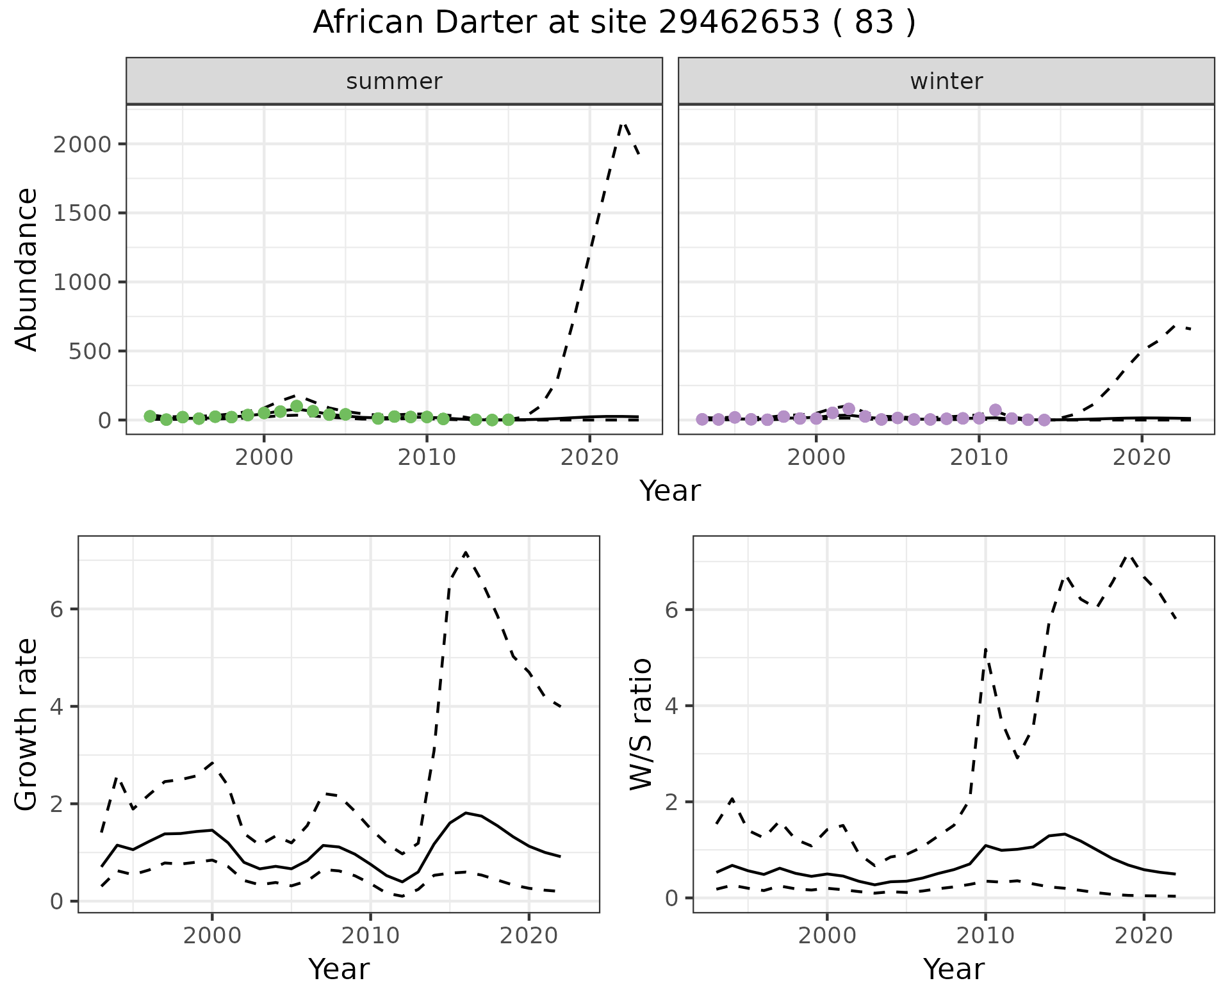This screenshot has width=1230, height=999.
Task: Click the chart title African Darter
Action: [614, 23]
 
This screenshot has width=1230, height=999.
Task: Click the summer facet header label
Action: [394, 81]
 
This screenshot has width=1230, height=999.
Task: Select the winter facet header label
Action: [946, 81]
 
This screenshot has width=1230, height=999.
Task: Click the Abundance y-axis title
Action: [27, 269]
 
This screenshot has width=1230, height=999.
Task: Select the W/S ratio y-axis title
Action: [641, 724]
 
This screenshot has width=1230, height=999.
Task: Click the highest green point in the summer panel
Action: [297, 406]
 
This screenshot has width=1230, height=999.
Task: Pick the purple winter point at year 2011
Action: [995, 410]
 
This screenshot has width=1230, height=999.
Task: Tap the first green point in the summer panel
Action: [150, 416]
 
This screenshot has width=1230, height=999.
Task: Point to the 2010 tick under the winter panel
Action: [978, 458]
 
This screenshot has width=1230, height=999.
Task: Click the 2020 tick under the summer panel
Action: [589, 458]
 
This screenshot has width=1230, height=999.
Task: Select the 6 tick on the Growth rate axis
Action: [57, 609]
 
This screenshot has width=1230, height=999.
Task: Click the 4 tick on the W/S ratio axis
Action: [672, 706]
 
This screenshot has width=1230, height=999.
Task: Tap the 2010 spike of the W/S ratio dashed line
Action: [985, 649]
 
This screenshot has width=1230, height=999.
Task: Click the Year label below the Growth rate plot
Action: [338, 970]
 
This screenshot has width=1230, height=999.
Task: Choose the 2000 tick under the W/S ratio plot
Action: [827, 936]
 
